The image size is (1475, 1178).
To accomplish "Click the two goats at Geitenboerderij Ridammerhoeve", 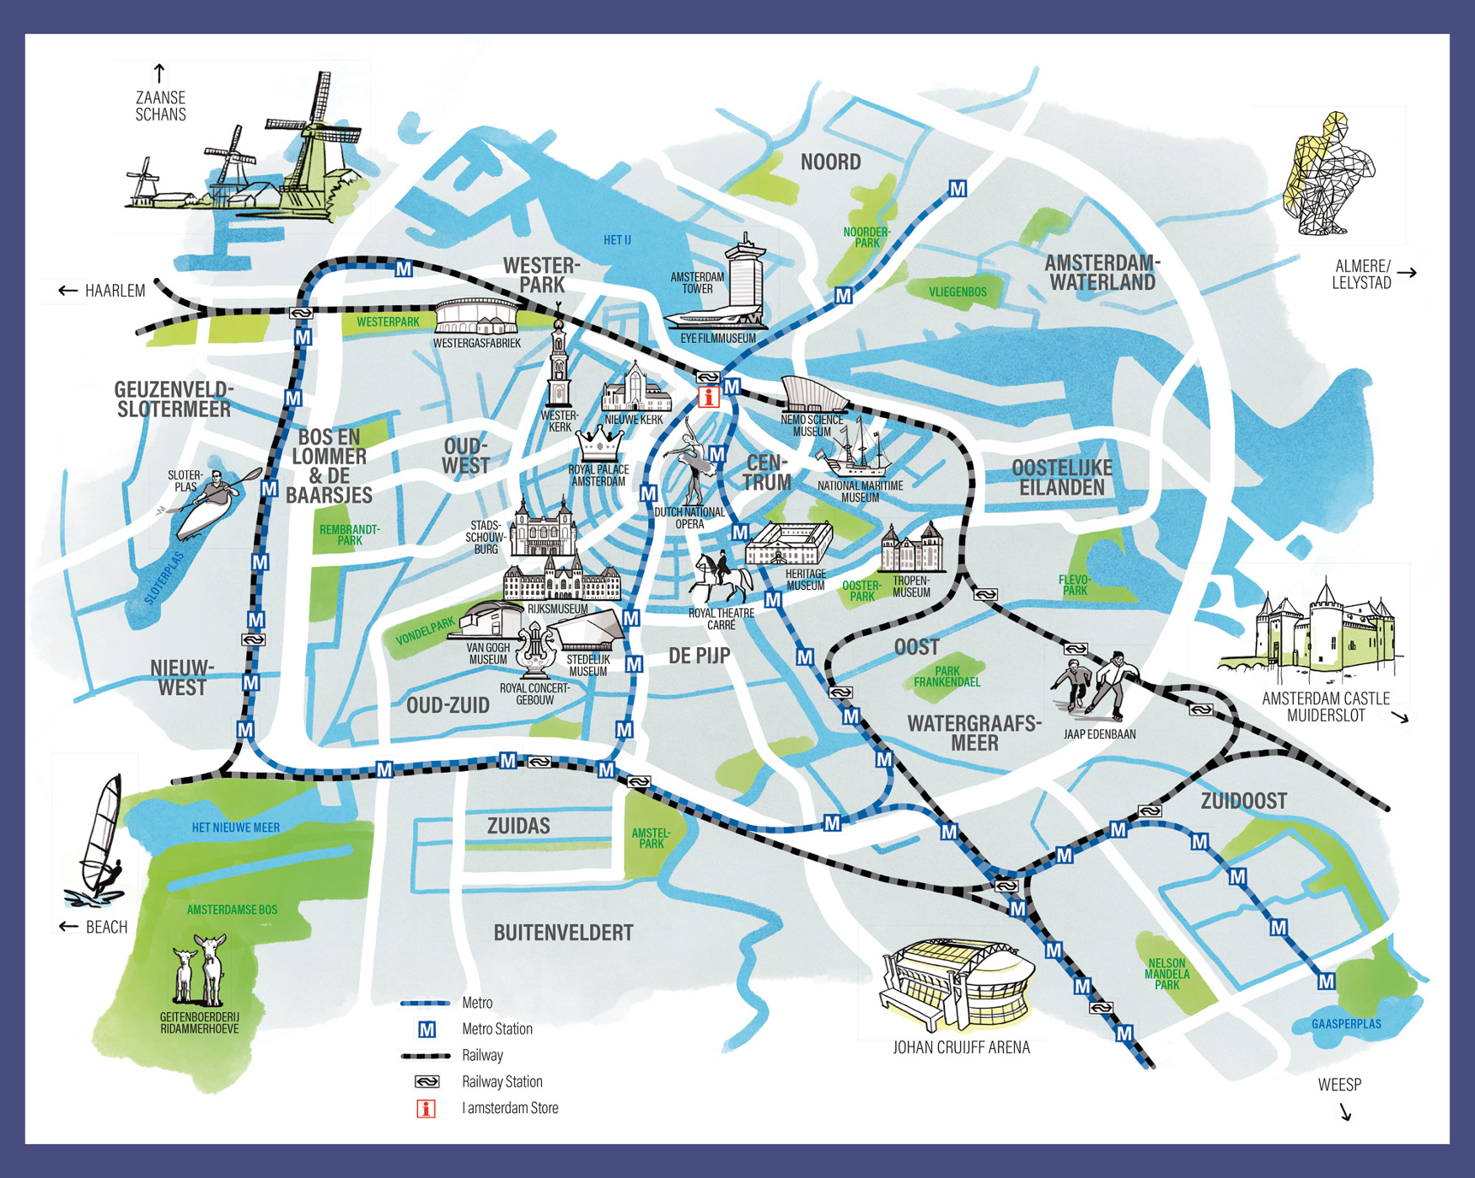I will pyautogui.click(x=200, y=969).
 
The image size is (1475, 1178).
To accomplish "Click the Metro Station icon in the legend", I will pyautogui.click(x=427, y=1030).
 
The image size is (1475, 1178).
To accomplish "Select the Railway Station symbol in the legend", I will pyautogui.click(x=427, y=1082).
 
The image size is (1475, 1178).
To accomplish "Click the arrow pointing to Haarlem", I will pyautogui.click(x=67, y=291).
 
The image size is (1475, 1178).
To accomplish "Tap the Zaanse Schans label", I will pyautogui.click(x=160, y=106).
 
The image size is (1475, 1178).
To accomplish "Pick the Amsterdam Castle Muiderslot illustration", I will pyautogui.click(x=1315, y=632).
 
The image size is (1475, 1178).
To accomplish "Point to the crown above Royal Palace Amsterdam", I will pyautogui.click(x=600, y=442).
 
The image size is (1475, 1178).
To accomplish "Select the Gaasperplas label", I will pyautogui.click(x=1346, y=1024).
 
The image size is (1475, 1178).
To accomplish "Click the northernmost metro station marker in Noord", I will pyautogui.click(x=957, y=189).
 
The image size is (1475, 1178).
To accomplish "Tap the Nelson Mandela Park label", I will pyautogui.click(x=1167, y=974).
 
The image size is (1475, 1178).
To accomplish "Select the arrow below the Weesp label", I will pyautogui.click(x=1345, y=1112).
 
